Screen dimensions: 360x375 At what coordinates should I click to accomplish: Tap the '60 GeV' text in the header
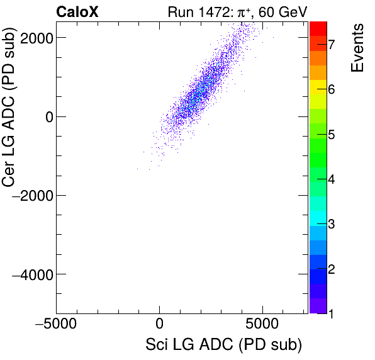coord(277,11)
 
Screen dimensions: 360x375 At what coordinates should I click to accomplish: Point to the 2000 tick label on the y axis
coord(36,38)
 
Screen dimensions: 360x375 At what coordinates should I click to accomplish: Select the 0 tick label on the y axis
coord(46,116)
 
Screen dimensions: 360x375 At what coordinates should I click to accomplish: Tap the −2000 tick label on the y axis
coord(33,196)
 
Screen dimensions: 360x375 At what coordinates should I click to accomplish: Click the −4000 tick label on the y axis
coord(33,274)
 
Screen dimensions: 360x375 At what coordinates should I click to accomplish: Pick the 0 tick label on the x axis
coord(159,324)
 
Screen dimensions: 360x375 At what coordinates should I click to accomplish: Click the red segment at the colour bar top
coord(318,27)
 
